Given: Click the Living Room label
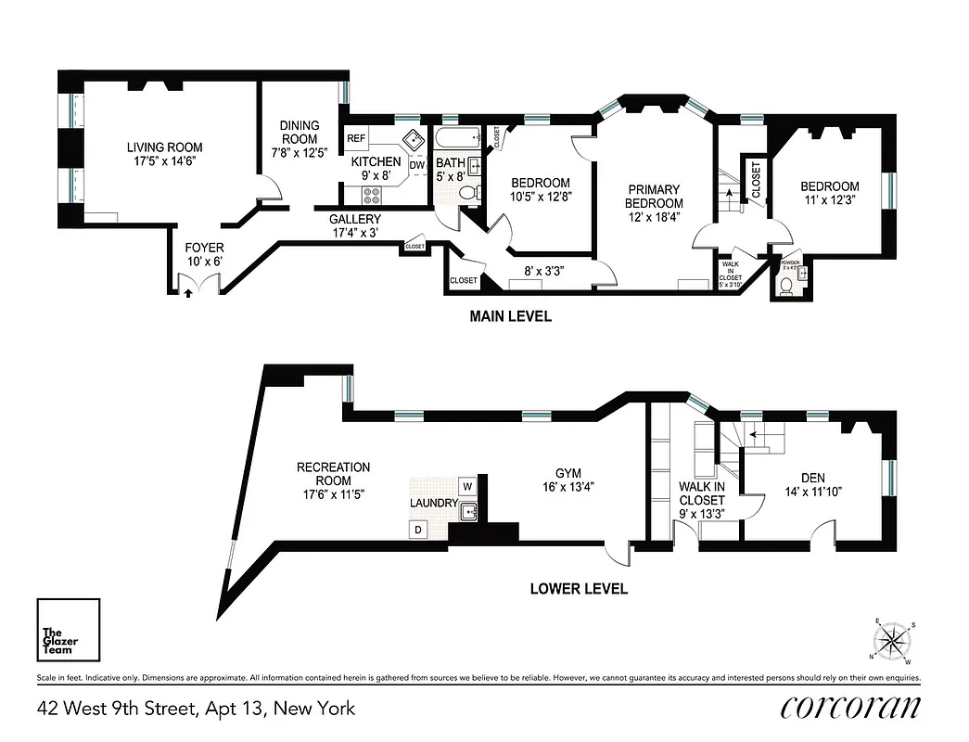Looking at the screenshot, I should (x=164, y=154).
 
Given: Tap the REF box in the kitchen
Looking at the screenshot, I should (x=356, y=138).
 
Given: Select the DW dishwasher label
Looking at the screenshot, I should (x=416, y=165).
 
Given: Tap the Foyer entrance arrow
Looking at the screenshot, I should (x=189, y=292).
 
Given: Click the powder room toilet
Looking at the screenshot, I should (x=786, y=288).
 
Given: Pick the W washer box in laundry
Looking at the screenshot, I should (x=467, y=486).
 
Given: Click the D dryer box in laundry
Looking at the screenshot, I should (x=418, y=530).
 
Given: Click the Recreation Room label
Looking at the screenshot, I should (x=333, y=480).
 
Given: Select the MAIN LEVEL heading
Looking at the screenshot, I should (x=510, y=316).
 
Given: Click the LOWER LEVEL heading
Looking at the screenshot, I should (x=579, y=588).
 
